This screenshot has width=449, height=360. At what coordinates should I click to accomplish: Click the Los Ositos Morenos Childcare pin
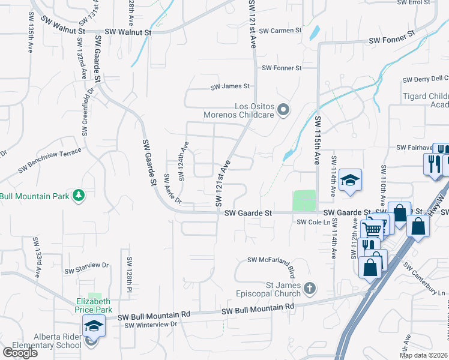(x=284, y=110)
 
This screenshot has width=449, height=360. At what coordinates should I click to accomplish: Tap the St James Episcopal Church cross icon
(x=309, y=289)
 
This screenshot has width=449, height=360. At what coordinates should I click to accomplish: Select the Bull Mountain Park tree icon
(x=77, y=195)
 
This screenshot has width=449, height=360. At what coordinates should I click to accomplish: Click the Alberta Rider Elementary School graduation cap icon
(x=93, y=326)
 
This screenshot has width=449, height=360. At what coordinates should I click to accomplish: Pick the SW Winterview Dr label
(x=152, y=325)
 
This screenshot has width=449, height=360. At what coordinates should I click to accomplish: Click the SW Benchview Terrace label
(x=49, y=161)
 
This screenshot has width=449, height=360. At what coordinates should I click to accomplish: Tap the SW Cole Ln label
(x=314, y=222)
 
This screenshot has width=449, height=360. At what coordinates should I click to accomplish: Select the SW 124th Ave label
(x=183, y=160)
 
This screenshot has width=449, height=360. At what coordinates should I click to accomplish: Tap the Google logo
(x=20, y=353)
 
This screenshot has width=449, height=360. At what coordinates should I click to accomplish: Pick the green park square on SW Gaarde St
(x=304, y=200)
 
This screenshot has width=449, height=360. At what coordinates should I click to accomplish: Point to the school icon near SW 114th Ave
(x=350, y=179)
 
